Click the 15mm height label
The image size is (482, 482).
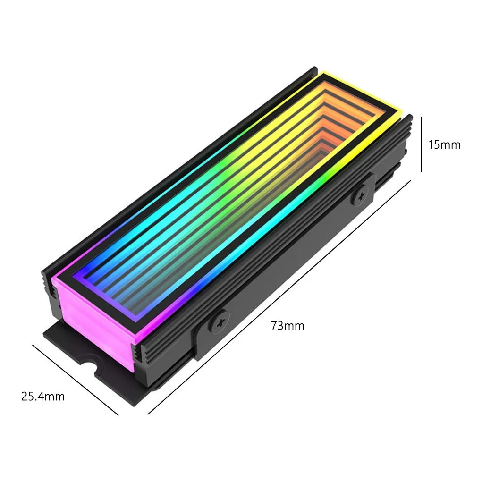445,145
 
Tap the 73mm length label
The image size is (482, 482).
288,326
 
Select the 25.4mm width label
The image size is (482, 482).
43,397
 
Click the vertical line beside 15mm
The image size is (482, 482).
422,144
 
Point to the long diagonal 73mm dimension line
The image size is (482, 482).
279,297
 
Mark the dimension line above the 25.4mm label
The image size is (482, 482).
76,380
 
